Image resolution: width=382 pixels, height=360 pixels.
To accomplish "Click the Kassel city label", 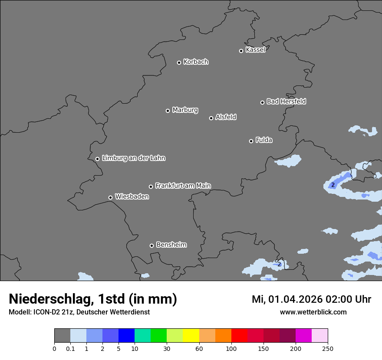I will pyautogui.click(x=255, y=50).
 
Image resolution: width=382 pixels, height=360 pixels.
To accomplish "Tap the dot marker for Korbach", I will pyautogui.click(x=179, y=62).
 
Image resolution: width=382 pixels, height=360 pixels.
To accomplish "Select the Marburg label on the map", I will pyautogui.click(x=185, y=110).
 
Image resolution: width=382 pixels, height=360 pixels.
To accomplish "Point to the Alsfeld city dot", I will pyautogui.click(x=211, y=118).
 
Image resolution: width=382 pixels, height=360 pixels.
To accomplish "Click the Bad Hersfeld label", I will pyautogui.click(x=286, y=101).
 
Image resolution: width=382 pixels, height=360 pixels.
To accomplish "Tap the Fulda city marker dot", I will pyautogui.click(x=251, y=141).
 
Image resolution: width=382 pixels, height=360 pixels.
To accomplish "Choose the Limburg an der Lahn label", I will pyautogui.click(x=133, y=158).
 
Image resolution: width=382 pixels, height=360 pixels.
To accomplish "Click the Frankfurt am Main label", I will pyautogui.click(x=183, y=186).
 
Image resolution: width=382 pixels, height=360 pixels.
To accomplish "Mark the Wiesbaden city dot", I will pyautogui.click(x=110, y=197).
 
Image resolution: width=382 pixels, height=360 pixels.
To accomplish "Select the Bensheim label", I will pyautogui.click(x=171, y=245).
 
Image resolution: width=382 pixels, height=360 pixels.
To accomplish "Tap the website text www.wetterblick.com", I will pyautogui.click(x=313, y=312).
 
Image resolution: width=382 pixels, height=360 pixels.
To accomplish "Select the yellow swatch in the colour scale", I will pyautogui.click(x=191, y=336).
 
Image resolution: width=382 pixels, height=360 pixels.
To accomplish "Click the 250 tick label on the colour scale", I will pyautogui.click(x=328, y=348).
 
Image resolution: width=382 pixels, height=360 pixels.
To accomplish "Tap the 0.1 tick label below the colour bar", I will pyautogui.click(x=70, y=348).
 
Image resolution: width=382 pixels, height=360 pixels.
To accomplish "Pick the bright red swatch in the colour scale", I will pyautogui.click(x=239, y=336).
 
